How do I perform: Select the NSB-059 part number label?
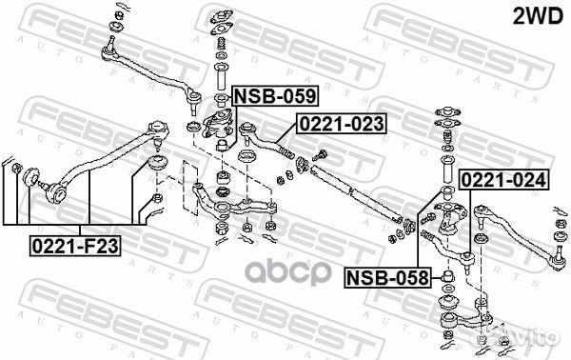[x=274, y=95]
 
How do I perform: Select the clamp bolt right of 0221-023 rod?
[x=321, y=154]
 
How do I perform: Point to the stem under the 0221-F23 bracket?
[x=87, y=200]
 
